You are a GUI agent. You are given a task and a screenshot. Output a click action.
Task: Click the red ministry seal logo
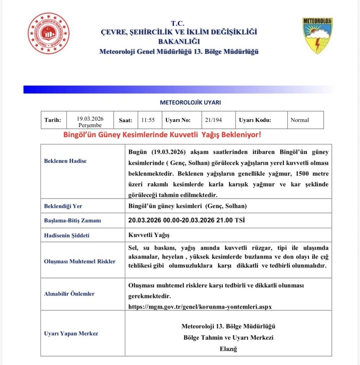coord(49,34)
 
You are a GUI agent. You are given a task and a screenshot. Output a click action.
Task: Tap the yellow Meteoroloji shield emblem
coord(317,36)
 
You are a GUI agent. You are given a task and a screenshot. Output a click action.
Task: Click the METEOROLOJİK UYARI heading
coord(190,103)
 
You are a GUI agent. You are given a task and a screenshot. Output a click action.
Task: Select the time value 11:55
coord(148,120)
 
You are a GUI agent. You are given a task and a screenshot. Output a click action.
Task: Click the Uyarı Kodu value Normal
coord(299,120)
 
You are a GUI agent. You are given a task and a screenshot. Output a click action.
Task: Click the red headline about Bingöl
coord(162,135)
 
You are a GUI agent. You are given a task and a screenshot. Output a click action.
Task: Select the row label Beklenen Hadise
coord(65,161)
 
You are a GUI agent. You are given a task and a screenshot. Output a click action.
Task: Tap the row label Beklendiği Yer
coord(63,206)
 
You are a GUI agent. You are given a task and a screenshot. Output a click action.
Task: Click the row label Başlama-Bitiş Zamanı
coord(73,220)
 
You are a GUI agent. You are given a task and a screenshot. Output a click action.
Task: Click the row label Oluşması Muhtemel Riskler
coord(80,261)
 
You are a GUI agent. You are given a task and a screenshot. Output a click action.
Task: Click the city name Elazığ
coord(228,349)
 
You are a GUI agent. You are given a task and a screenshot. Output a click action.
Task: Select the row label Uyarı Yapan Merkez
coord(71,333)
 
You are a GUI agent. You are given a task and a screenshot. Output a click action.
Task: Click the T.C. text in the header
coord(179,23)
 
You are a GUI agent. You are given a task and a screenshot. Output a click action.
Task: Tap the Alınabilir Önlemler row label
coord(69,293)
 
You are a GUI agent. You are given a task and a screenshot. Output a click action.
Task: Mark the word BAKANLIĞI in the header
coord(179,42)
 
